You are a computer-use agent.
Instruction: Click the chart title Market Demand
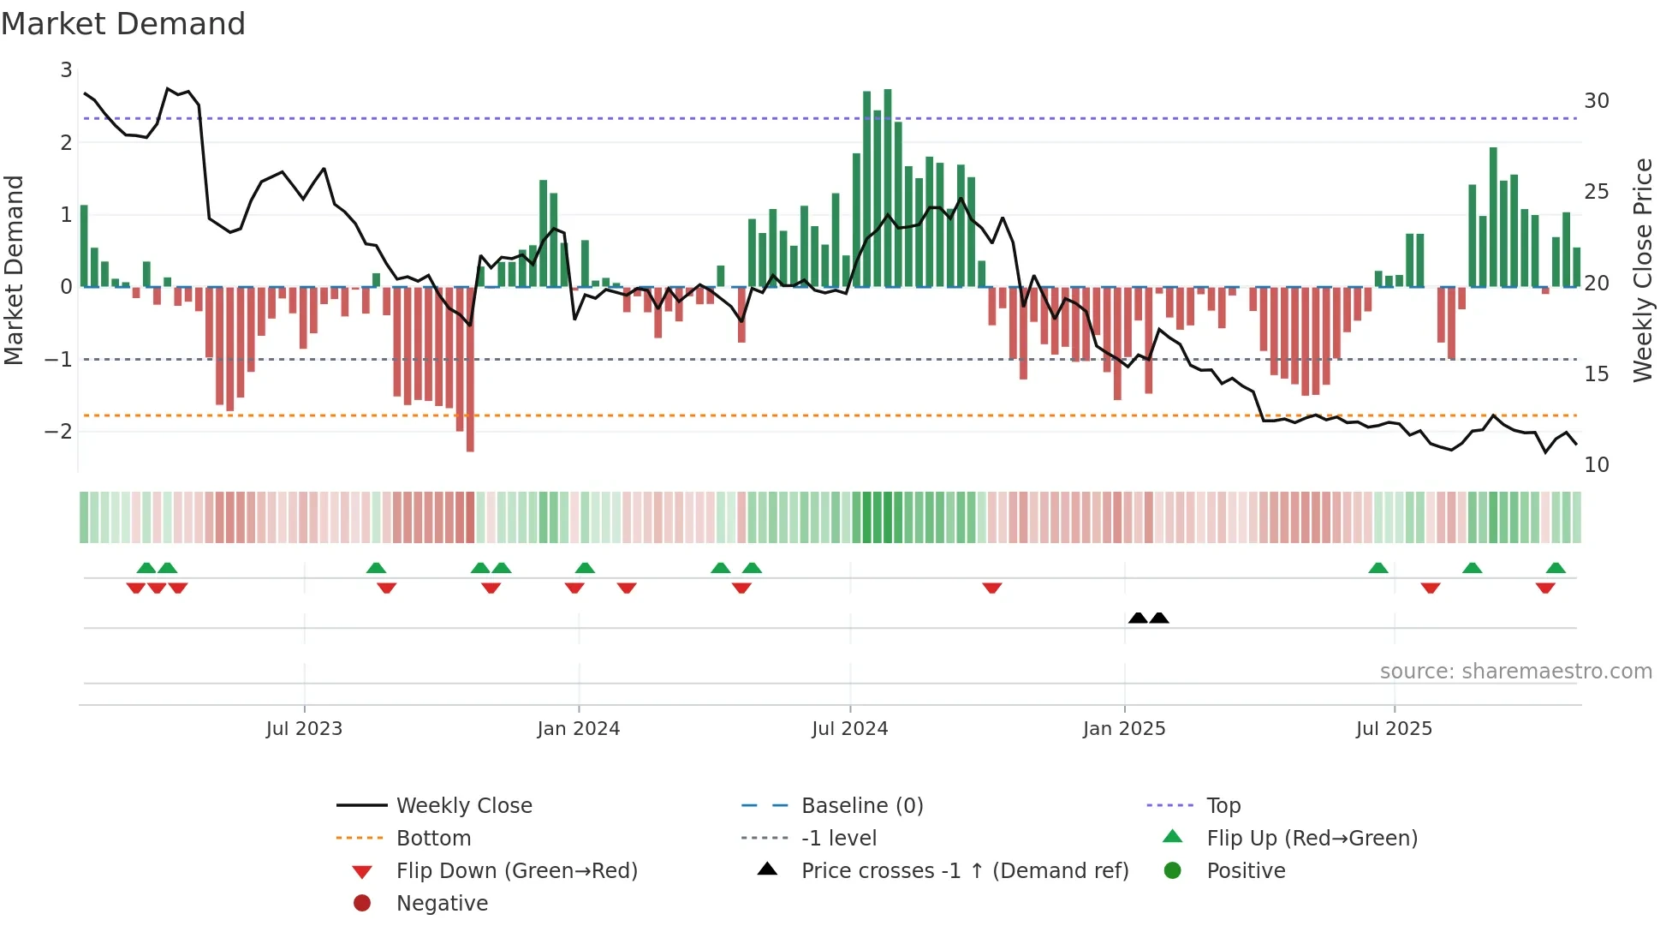(123, 24)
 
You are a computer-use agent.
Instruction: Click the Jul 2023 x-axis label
(304, 729)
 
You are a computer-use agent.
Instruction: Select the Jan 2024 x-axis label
(579, 729)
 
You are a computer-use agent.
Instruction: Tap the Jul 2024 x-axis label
(850, 729)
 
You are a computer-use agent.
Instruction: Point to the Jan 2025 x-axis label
(1124, 729)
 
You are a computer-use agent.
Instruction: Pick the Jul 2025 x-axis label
(1394, 729)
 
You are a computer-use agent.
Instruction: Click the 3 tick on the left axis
(66, 70)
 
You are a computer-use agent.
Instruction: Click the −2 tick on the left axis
(59, 432)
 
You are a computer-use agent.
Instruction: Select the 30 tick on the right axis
(1597, 101)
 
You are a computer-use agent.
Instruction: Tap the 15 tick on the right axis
(1597, 374)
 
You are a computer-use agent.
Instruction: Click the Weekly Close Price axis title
(1642, 270)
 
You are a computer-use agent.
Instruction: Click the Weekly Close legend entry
(464, 806)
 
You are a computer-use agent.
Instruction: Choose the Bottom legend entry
(433, 839)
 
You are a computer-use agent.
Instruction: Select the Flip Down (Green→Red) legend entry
(516, 871)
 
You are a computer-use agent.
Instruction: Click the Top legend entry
(1223, 806)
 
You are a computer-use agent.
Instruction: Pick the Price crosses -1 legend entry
(965, 871)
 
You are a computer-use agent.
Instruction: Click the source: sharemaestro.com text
(1515, 672)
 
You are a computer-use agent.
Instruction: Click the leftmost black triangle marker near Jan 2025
(1138, 618)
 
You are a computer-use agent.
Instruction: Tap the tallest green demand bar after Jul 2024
(888, 188)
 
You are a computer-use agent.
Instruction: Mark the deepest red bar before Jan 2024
(470, 368)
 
